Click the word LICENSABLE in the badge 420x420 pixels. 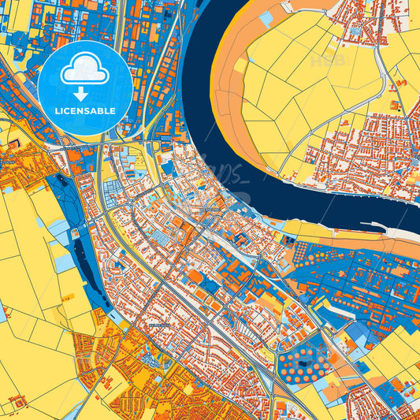click(84, 110)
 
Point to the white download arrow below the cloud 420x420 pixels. click(84, 93)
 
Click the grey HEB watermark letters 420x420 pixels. click(329, 61)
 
